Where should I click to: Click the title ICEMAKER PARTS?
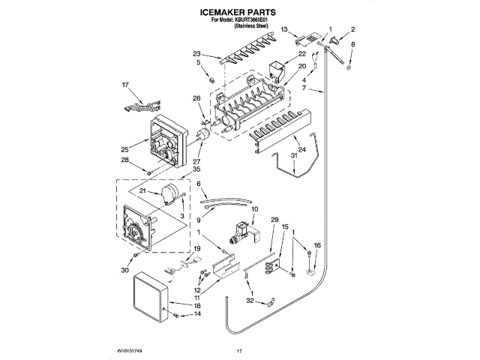click(239, 13)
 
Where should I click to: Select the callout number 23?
click(196, 54)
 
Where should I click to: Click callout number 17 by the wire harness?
click(126, 85)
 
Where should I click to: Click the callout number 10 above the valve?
click(255, 208)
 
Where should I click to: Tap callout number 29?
click(274, 219)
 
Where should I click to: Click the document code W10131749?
click(129, 351)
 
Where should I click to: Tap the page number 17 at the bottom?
click(240, 351)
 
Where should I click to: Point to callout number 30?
click(124, 270)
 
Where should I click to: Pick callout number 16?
click(317, 245)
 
